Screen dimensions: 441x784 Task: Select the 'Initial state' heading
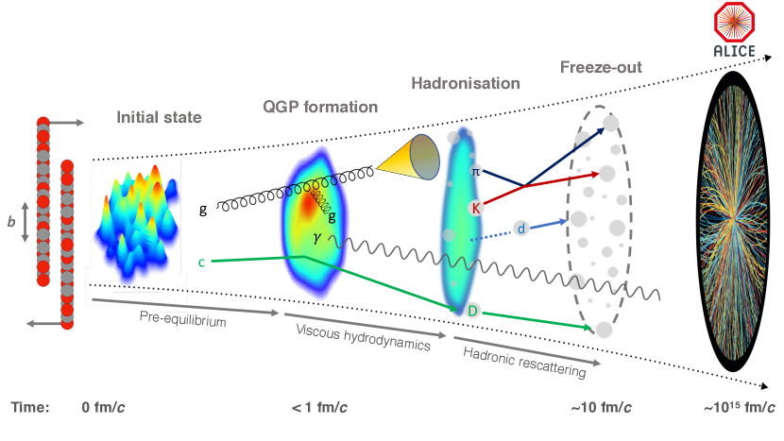[x=159, y=118]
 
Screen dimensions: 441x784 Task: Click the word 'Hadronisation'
[x=466, y=83]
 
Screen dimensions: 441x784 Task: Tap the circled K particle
[x=476, y=207]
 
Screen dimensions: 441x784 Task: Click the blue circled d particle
[x=520, y=229]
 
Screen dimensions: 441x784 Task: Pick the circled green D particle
[x=474, y=310]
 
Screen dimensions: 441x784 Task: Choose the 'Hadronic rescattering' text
[x=524, y=361]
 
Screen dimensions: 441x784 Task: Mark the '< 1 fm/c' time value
[x=318, y=407]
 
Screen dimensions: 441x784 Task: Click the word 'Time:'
[x=31, y=407]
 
